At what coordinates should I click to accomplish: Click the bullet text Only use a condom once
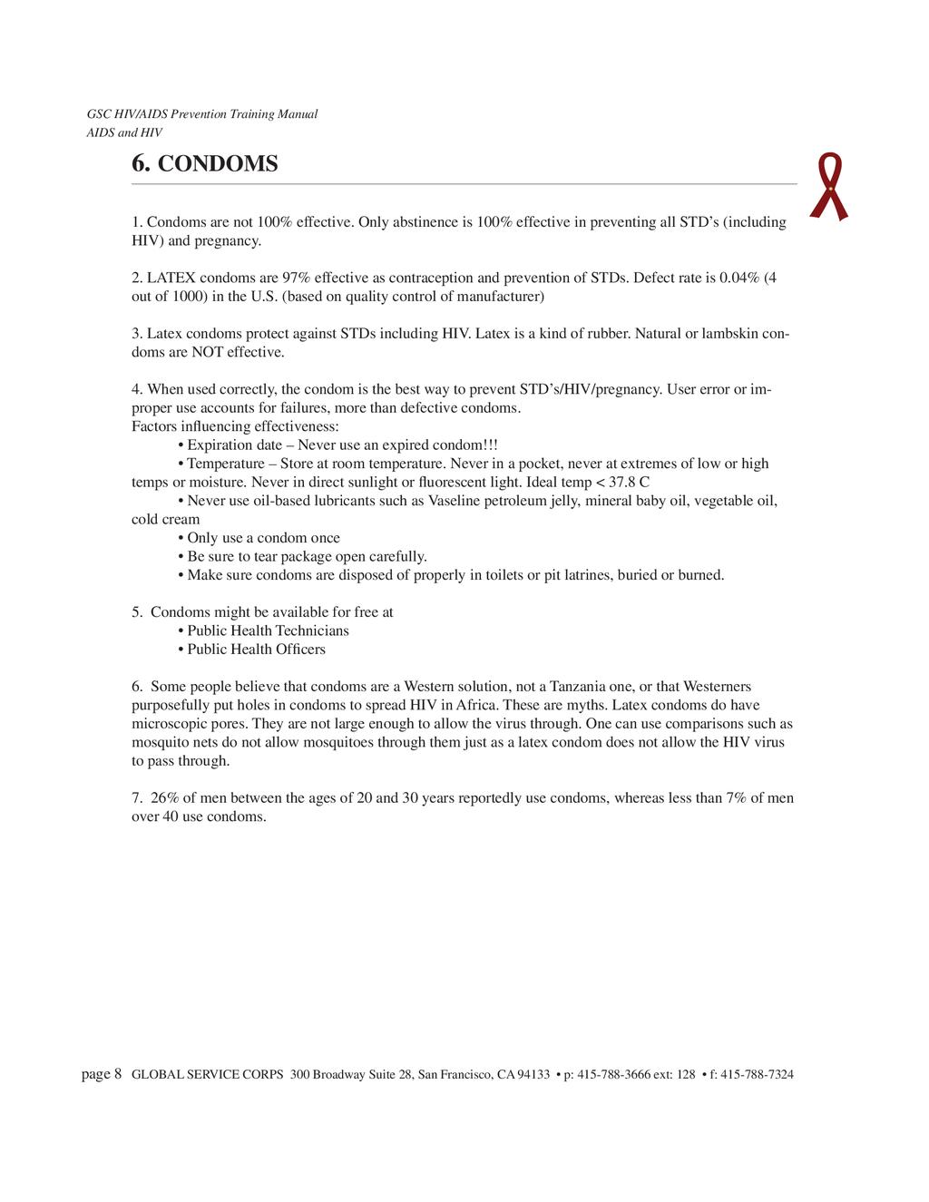pos(263,538)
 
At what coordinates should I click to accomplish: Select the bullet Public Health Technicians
pos(268,630)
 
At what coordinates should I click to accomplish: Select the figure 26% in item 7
pos(165,798)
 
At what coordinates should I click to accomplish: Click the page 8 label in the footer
pos(102,1075)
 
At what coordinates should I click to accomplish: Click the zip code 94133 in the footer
pos(533,1075)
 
